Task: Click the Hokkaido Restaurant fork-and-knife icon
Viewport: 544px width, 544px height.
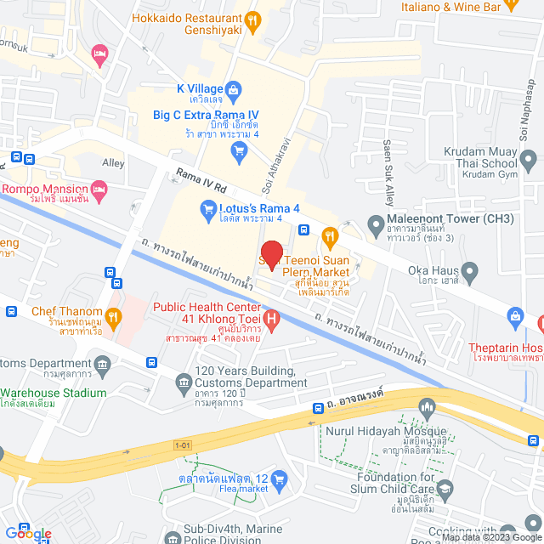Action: (252, 19)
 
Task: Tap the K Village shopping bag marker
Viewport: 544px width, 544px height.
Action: (235, 88)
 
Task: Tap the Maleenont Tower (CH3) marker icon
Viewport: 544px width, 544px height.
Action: (375, 224)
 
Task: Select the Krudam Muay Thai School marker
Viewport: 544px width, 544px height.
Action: (528, 158)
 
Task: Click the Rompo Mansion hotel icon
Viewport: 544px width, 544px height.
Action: (99, 188)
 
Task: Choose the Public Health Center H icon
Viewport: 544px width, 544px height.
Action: (271, 320)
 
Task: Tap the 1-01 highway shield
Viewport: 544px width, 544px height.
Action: (183, 445)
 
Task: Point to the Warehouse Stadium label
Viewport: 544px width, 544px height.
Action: (54, 393)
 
